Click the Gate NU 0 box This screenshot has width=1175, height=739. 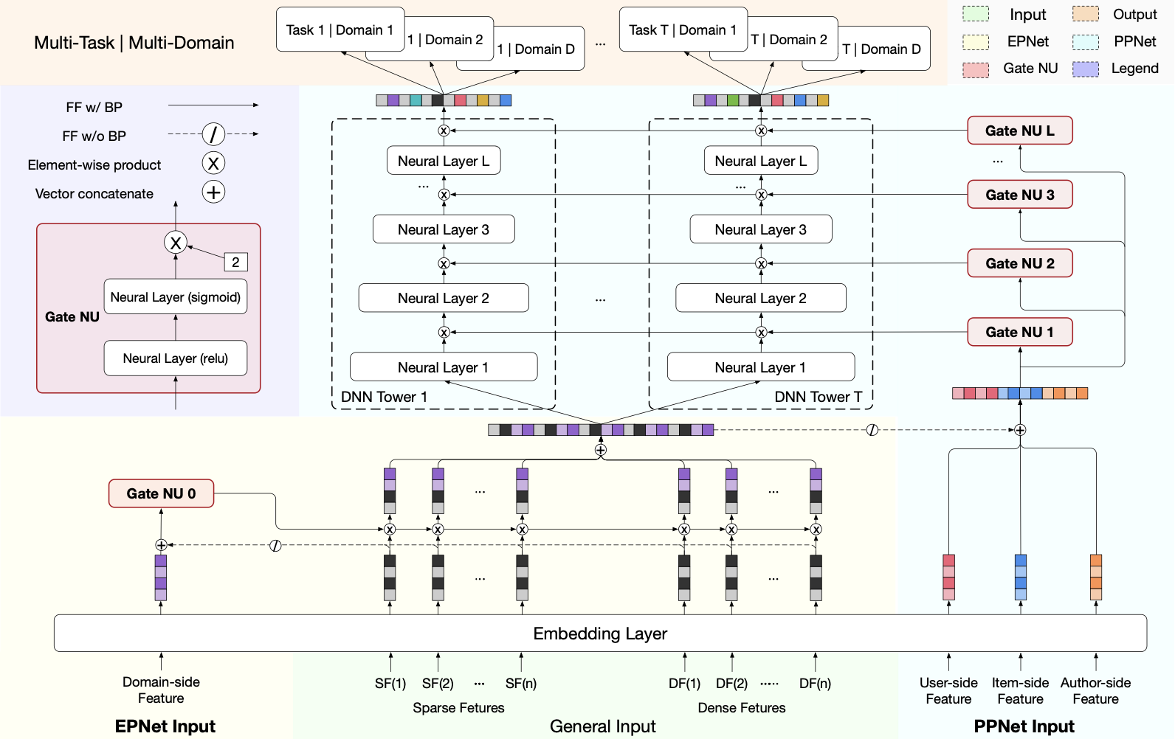tap(161, 493)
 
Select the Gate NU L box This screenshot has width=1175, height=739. tap(1020, 131)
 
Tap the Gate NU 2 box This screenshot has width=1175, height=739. tap(1020, 263)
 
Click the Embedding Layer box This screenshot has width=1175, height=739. tap(600, 633)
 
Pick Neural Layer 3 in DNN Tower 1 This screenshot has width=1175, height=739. tap(444, 229)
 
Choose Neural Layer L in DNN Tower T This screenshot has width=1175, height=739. tap(761, 160)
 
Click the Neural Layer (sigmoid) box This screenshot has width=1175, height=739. tap(175, 296)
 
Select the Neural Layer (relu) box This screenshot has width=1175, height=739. tap(175, 358)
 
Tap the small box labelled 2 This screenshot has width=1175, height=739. tap(235, 262)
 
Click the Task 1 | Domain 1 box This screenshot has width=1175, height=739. tap(340, 30)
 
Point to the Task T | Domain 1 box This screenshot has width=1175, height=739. tap(683, 30)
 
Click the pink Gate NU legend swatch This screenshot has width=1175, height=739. tap(976, 69)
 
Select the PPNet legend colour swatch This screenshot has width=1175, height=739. tap(1085, 42)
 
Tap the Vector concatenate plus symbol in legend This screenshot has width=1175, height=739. tap(213, 192)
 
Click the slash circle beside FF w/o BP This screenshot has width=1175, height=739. tap(213, 134)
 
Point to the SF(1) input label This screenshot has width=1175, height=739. tap(390, 684)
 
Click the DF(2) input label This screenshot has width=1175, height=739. tap(731, 684)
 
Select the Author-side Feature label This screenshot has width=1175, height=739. tap(1095, 690)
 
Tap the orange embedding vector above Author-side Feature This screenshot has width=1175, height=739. tap(1096, 577)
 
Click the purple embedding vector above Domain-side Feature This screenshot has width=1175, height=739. tap(160, 577)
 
